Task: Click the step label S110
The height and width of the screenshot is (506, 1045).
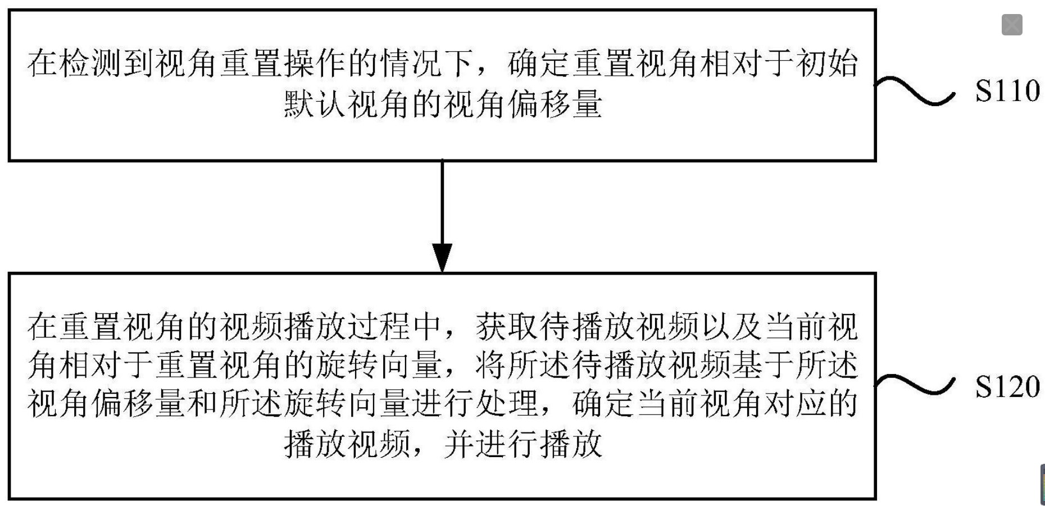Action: coord(1007,90)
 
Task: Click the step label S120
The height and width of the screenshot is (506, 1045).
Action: coord(1007,387)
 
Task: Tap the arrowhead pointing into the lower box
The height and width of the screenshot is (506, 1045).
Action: coord(442,258)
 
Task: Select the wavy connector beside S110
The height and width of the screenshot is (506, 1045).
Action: coord(915,90)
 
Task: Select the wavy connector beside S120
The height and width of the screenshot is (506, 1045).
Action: coord(915,385)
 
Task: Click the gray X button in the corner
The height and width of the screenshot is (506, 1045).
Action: coord(1012,25)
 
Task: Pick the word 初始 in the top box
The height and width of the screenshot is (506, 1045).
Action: coord(826,63)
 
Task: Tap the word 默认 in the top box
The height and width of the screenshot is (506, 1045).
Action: coord(315,104)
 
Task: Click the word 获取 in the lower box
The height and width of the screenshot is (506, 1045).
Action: coord(508,327)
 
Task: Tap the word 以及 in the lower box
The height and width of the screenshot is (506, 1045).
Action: coord(731,327)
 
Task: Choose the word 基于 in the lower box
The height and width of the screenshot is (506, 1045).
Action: coord(763,366)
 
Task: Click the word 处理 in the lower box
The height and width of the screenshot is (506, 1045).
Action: coord(508,404)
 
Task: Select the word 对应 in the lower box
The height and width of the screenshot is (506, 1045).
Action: coord(794,404)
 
